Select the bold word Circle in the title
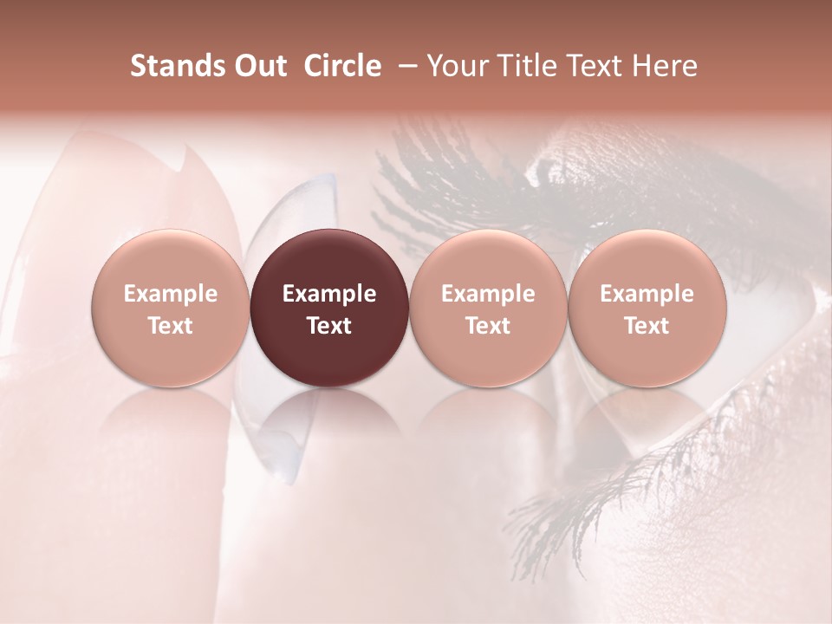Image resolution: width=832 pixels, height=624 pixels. tap(342, 66)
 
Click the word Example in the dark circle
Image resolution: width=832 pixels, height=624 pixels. tap(329, 294)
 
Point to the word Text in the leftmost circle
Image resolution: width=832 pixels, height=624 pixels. tap(171, 326)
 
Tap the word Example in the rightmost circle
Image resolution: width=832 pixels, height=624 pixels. tap(647, 294)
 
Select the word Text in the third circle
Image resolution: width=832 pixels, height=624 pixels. tap(488, 326)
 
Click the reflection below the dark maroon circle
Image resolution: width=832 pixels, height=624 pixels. tap(329, 425)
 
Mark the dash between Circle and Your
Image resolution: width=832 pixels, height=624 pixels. tap(405, 66)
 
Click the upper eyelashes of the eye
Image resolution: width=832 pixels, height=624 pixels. tap(451, 173)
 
